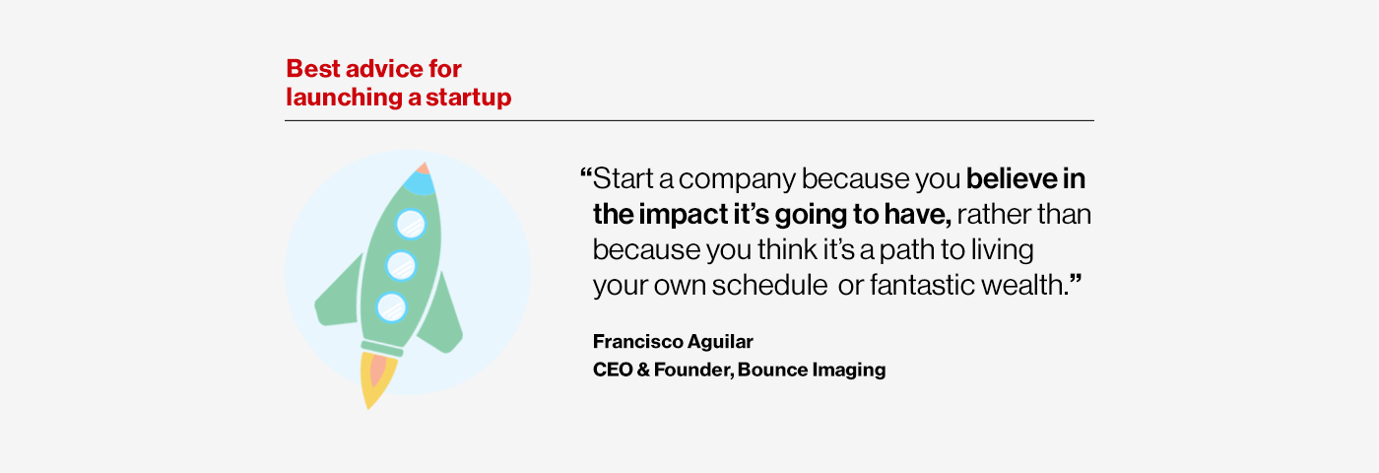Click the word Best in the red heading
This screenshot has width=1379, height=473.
(313, 68)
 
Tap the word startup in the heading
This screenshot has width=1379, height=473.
(469, 98)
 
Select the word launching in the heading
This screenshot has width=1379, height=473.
(345, 98)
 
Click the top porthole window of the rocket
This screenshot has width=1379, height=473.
(411, 224)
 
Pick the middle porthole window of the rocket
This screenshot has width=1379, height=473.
(402, 265)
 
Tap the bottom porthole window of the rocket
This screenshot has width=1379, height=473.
(392, 306)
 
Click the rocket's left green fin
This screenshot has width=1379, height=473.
(337, 295)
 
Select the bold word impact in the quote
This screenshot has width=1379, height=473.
(682, 215)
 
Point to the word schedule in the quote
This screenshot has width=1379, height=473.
(769, 285)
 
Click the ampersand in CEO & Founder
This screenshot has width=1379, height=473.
(642, 370)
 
